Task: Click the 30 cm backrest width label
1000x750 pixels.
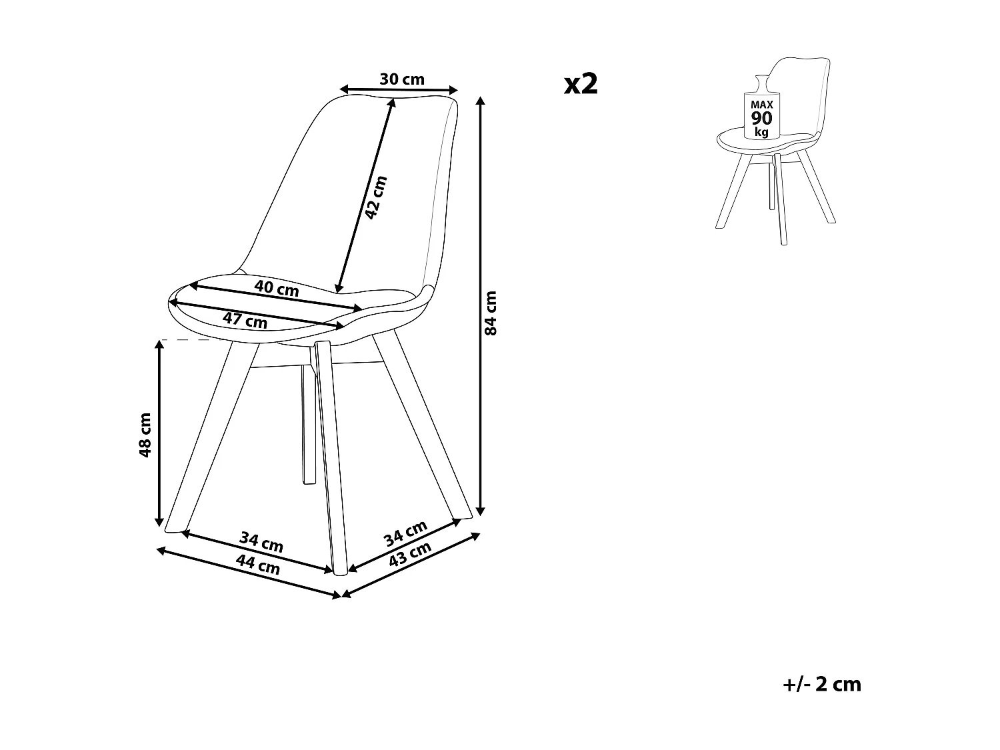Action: coord(402,79)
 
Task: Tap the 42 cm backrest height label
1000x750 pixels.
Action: coord(375,197)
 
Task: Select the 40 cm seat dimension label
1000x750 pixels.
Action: coord(277,289)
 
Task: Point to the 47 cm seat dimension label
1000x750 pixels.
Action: coord(245,320)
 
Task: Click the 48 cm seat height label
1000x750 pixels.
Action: coord(145,435)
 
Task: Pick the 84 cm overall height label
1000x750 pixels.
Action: coord(491,313)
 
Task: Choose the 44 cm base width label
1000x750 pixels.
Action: coord(258,566)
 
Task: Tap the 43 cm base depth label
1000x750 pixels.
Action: coord(410,554)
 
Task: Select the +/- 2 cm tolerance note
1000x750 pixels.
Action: coord(822,684)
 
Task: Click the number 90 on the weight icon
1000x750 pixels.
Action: coord(761,118)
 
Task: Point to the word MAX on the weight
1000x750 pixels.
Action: coord(761,105)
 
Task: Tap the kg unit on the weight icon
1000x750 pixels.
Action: coord(761,132)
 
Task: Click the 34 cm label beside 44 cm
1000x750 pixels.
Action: coord(262,542)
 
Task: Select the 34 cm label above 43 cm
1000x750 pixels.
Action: coord(406,533)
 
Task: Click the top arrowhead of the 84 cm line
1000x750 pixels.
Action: coord(481,100)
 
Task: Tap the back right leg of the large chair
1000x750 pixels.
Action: coord(423,427)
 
